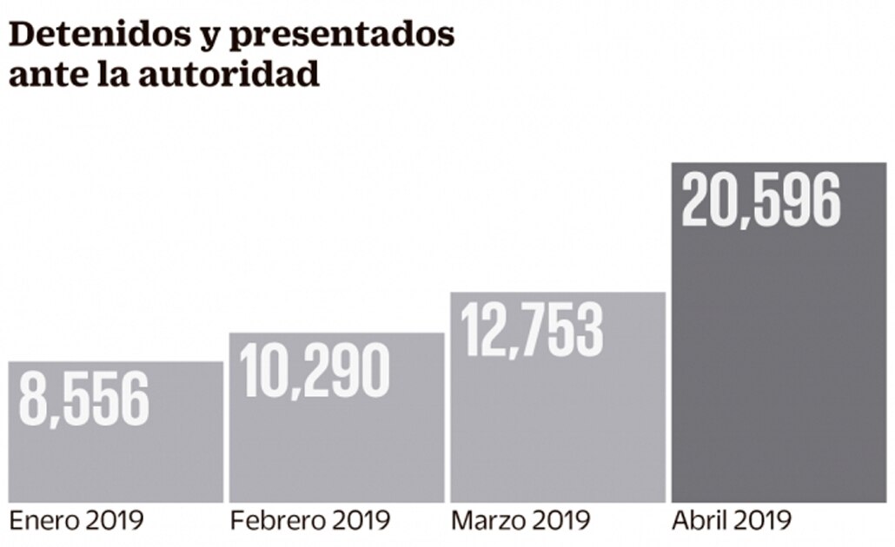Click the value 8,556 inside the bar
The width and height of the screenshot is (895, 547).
83,400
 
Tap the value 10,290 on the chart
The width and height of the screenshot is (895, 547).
315,372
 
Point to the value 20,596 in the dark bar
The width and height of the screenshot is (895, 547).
761,201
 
